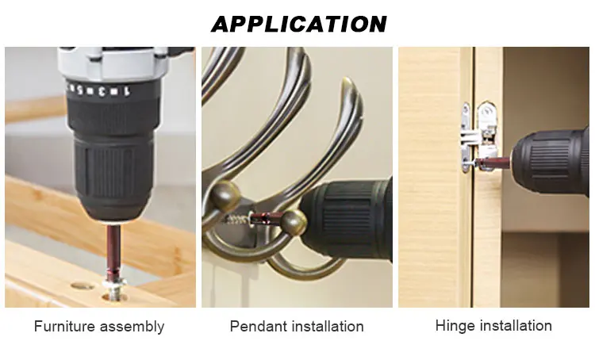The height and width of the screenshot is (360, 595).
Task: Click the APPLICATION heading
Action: pos(299,25)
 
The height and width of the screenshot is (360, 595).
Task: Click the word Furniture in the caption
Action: pos(64,326)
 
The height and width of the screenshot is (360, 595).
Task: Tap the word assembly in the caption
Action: pos(132,327)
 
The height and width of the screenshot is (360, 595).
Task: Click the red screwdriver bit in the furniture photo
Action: pos(113,251)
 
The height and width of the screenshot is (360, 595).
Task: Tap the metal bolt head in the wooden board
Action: pos(114,289)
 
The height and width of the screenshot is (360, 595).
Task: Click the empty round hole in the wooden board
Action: pos(83,286)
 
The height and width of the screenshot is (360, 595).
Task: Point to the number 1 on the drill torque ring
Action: pos(127,91)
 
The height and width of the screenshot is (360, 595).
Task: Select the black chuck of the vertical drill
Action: pos(113,163)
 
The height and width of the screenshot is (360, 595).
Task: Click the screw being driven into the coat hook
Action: pos(237,219)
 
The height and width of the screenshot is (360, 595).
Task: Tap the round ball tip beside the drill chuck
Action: pos(294,224)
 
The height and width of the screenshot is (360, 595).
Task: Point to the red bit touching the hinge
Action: pos(494,163)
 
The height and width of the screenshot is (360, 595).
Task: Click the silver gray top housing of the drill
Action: pos(113,63)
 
